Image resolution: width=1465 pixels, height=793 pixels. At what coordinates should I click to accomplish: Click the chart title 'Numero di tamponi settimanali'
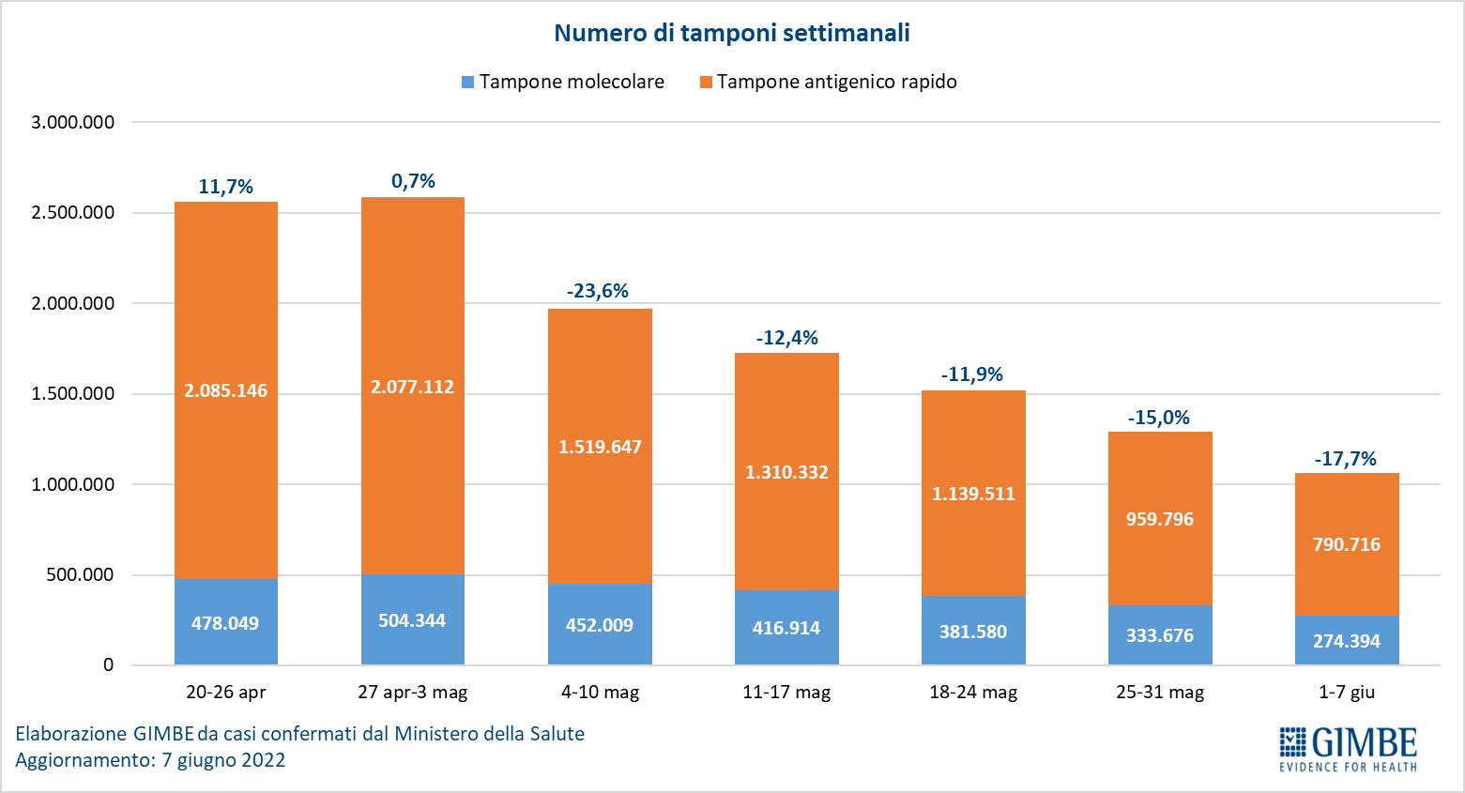coord(731,33)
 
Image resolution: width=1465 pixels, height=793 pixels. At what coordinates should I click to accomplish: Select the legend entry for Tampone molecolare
coord(563,82)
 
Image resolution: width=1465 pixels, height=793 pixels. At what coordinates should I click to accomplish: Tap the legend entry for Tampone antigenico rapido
coord(828,82)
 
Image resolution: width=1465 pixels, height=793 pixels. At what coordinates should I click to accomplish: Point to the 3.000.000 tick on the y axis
coord(73,122)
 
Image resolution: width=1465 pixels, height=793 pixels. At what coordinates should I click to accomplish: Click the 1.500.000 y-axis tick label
coord(73,394)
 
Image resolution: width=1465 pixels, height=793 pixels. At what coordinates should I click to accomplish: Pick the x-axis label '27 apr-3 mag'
coord(412,693)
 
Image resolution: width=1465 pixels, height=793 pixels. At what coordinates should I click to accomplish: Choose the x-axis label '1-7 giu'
coord(1346,693)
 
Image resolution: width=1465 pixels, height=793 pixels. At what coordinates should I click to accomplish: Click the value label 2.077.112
coord(412,387)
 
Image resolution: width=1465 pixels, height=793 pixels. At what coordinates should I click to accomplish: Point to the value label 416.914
coord(786,628)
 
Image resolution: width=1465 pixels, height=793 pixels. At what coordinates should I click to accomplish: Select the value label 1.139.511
coord(973,494)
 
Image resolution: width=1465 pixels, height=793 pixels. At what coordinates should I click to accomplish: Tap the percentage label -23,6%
coord(598,291)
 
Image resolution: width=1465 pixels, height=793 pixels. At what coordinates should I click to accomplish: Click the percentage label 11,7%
coord(225,187)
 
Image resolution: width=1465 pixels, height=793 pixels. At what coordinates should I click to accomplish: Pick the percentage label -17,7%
coord(1345,459)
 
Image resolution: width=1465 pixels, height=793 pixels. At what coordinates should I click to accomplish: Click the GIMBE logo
coord(1348,748)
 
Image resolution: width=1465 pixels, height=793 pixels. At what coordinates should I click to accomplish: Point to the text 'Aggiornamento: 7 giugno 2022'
coord(150,760)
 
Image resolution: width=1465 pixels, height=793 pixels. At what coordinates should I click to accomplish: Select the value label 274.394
coord(1347,641)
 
